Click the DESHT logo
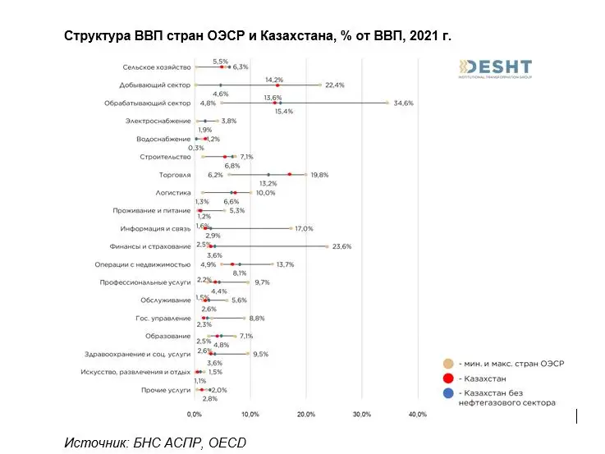tap(495, 69)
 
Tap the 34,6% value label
tap(403, 103)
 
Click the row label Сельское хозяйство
tap(157, 67)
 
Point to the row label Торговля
tap(175, 175)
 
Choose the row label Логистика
tap(173, 193)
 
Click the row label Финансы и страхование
tap(150, 246)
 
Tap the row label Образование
tap(169, 337)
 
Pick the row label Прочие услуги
tap(167, 390)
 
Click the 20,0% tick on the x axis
tap(305, 415)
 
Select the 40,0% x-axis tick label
tap(417, 415)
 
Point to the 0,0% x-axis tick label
tap(195, 415)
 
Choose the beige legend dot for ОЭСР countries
tap(448, 362)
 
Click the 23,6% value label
tap(341, 246)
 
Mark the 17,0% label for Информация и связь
tap(304, 229)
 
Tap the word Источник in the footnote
tap(94, 443)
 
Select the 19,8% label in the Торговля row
tap(319, 175)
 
